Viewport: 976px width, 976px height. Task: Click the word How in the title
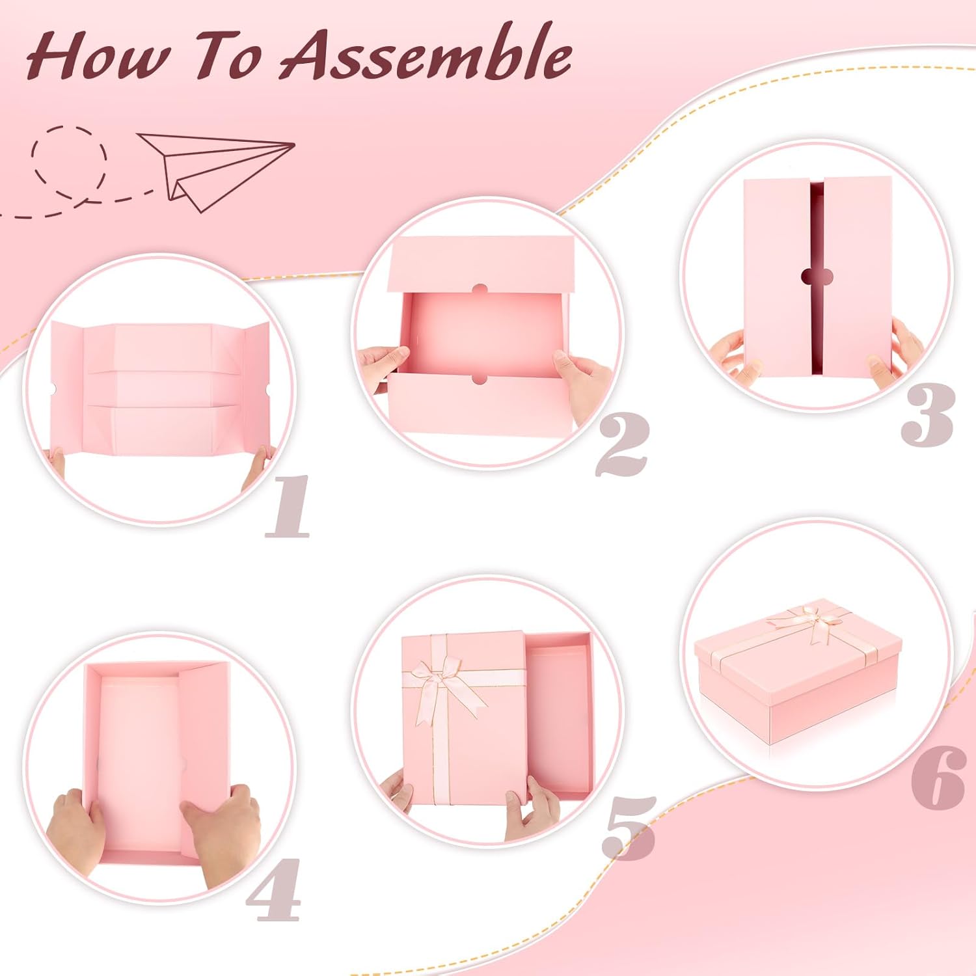click(96, 58)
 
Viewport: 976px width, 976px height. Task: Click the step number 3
click(927, 414)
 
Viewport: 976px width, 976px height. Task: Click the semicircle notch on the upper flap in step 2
click(481, 290)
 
